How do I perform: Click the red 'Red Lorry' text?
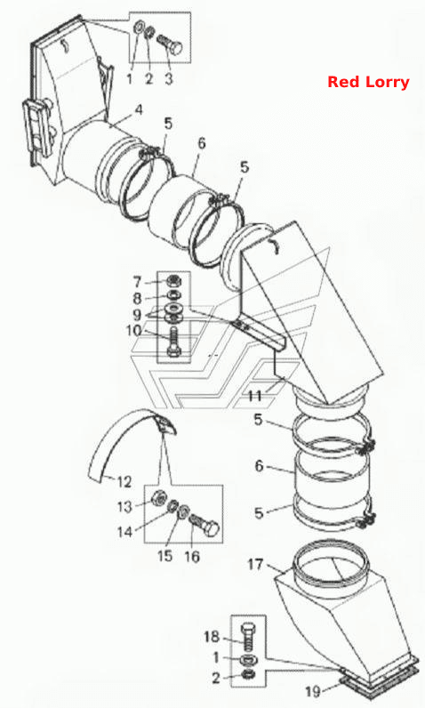point(368,82)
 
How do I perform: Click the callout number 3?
point(168,79)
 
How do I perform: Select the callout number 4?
point(139,109)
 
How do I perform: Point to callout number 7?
point(138,282)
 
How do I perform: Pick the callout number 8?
point(138,299)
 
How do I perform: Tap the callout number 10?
point(134,331)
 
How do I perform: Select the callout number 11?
point(255,396)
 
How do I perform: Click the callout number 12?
point(124,482)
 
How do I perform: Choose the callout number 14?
point(125,532)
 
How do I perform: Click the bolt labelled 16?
point(205,526)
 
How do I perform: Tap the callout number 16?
point(192,556)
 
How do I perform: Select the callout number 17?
point(255,565)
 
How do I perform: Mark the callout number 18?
point(212,637)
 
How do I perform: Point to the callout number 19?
point(313,691)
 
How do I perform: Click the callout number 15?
point(165,556)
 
